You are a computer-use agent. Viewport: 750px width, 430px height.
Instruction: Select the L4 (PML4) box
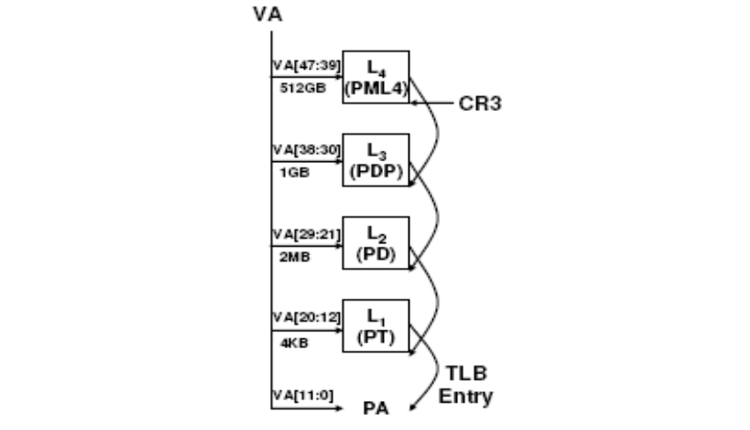[x=375, y=77]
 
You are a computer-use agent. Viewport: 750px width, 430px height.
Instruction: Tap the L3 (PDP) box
[x=375, y=159]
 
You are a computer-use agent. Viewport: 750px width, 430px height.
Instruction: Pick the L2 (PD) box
[x=375, y=242]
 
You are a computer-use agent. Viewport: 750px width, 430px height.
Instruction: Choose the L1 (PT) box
[x=375, y=324]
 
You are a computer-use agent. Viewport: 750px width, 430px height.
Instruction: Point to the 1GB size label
[x=287, y=172]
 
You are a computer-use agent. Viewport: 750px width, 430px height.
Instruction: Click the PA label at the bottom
[x=375, y=409]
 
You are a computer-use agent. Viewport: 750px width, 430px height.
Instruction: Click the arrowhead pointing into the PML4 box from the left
[x=339, y=77]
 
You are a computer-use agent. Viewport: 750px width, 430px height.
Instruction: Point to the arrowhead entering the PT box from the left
[x=339, y=325]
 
